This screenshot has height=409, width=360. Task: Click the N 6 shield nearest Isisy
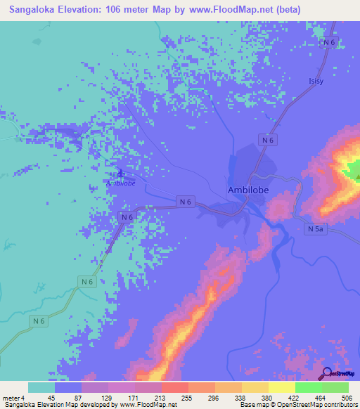click(x=328, y=43)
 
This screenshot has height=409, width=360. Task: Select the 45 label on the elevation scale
click(x=51, y=398)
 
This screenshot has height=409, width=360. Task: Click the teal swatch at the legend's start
click(x=41, y=387)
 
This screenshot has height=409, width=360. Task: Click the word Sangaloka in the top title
click(x=39, y=10)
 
